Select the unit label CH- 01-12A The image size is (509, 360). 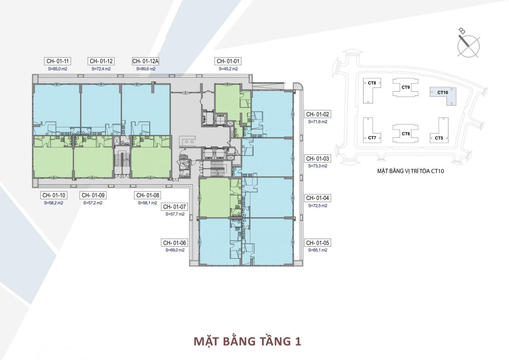(145, 61)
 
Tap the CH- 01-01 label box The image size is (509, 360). (228, 61)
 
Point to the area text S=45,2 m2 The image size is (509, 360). (228, 68)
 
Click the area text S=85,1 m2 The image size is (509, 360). (317, 250)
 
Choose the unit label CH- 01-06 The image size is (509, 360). (174, 243)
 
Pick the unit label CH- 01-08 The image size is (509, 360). (147, 195)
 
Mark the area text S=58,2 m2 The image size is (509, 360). (53, 203)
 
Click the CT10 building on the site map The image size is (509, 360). (442, 93)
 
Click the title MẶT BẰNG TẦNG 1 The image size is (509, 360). (247, 341)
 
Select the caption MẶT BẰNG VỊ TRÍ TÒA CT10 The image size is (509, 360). (407, 172)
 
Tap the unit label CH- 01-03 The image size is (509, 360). (317, 158)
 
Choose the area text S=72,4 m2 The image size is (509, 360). (101, 68)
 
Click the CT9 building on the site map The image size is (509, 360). (406, 88)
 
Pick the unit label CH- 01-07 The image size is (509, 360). (174, 207)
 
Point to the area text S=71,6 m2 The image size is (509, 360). (317, 121)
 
